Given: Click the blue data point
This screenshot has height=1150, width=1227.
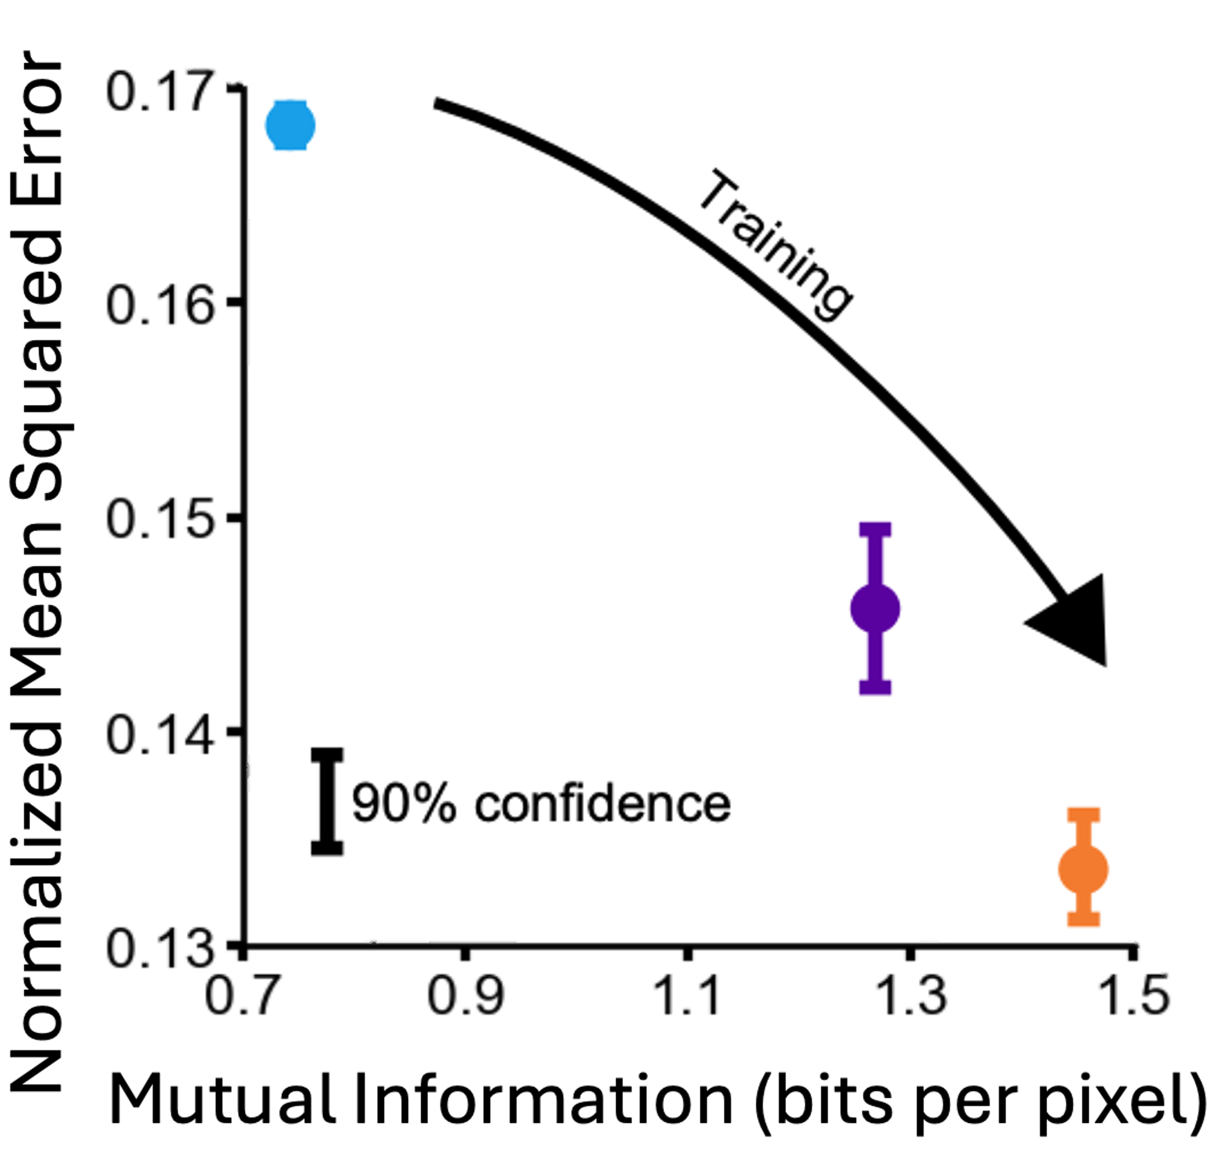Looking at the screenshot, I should (289, 125).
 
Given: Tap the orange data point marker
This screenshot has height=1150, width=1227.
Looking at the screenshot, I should (1083, 869).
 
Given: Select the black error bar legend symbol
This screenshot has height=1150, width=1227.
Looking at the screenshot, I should (327, 800).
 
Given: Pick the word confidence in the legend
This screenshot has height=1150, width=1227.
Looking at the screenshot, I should (602, 804).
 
